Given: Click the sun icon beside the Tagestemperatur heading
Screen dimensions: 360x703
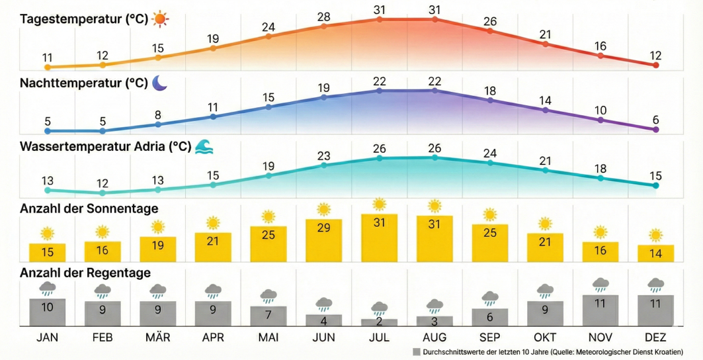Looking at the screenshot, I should coord(161,19).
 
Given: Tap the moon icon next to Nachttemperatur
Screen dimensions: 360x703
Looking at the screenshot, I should coord(159,83).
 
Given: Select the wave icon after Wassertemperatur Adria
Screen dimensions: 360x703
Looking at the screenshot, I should coord(204,146).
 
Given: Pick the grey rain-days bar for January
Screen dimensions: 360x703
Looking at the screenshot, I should coord(47,312).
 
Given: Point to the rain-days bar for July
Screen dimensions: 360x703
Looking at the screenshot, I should coord(379,322).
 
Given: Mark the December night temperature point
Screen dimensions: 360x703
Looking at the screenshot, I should coord(656,130).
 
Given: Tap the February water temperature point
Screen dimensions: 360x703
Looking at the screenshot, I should coord(103,193).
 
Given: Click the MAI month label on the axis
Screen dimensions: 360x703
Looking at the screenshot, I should coord(268,337).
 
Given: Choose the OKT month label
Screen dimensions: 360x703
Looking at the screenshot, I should coord(545,337).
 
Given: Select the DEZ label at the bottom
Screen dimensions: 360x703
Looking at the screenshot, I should coord(656,337).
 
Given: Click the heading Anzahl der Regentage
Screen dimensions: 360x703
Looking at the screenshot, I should coord(85,273).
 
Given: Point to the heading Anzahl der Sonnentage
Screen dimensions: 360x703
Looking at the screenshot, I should coord(89,208).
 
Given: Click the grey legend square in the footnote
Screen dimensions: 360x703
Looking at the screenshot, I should coord(415,352).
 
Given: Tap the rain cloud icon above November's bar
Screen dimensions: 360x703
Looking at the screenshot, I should coord(600,285).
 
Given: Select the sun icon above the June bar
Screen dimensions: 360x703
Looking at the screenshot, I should coord(323,210).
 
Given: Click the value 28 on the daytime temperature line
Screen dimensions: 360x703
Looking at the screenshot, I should coord(323,17).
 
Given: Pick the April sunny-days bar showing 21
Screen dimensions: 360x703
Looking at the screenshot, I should coord(213,246).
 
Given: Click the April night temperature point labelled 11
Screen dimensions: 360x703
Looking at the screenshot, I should coord(213,116).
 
